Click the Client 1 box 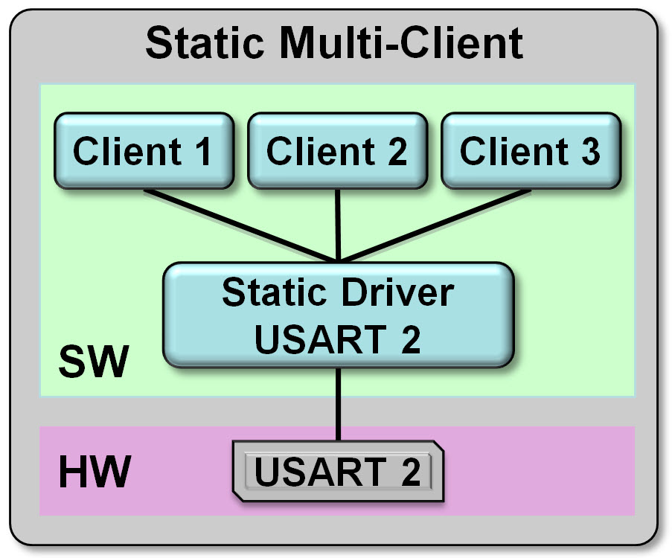pyautogui.click(x=144, y=151)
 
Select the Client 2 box pyautogui.click(x=337, y=151)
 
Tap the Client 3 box pyautogui.click(x=530, y=151)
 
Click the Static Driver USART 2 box pyautogui.click(x=338, y=315)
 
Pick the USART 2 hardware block pyautogui.click(x=339, y=472)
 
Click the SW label pyautogui.click(x=93, y=365)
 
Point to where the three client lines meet pyautogui.click(x=339, y=260)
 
